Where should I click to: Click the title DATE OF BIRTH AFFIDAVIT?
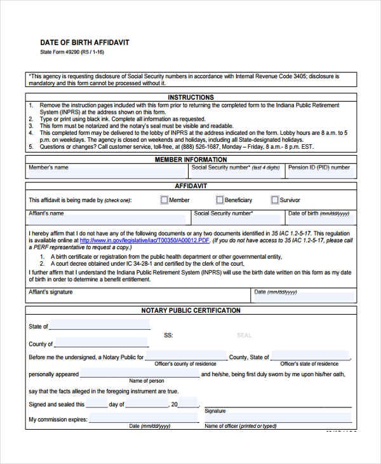click(84, 42)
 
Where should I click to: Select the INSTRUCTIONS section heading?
click(191, 97)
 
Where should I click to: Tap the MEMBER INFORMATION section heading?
click(191, 160)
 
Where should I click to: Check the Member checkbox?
click(164, 200)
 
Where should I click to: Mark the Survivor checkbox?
click(275, 200)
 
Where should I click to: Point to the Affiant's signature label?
click(51, 292)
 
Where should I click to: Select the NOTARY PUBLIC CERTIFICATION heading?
click(191, 310)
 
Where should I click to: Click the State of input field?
click(99, 325)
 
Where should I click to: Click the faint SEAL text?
click(244, 335)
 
